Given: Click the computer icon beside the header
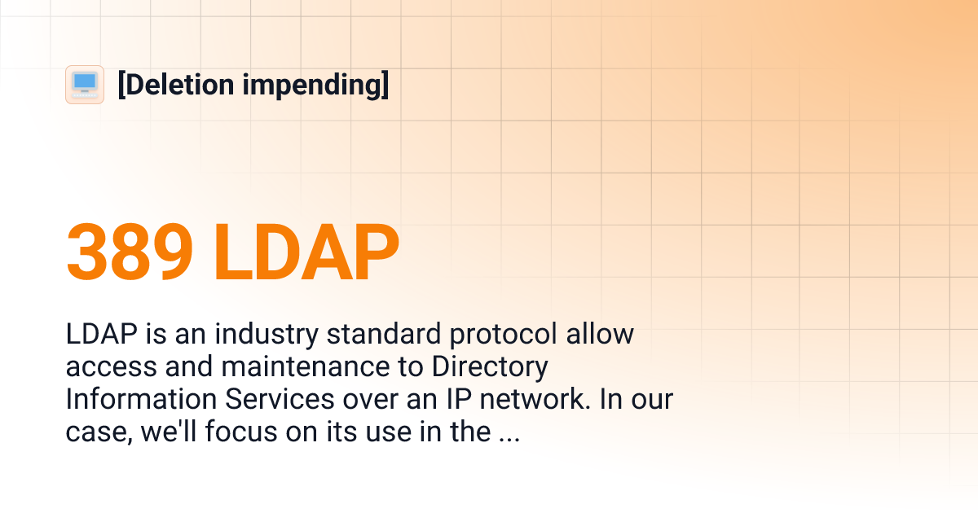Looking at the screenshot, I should tap(85, 84).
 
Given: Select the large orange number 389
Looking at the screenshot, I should tap(130, 253).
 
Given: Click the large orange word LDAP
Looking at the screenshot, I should tap(306, 253).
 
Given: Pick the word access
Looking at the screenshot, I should tap(109, 366).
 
